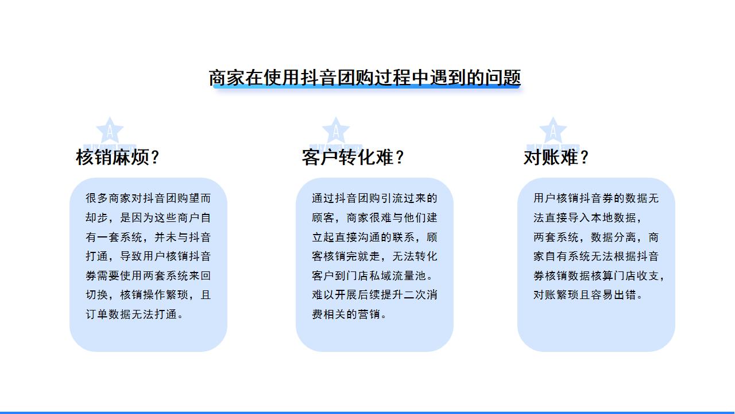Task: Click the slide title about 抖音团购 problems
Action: click(x=365, y=78)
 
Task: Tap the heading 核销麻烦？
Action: click(x=118, y=157)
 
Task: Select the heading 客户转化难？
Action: click(x=353, y=157)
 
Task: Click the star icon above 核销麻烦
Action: click(x=110, y=131)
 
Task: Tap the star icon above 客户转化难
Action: click(x=336, y=131)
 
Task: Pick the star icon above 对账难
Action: click(x=553, y=131)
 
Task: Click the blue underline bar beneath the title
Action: click(x=366, y=86)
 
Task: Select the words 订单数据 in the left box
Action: click(x=109, y=315)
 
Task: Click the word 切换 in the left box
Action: click(x=97, y=295)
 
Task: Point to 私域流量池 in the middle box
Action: click(x=398, y=275)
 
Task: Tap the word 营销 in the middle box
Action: click(x=369, y=315)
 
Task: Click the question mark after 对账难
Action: click(x=584, y=158)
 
